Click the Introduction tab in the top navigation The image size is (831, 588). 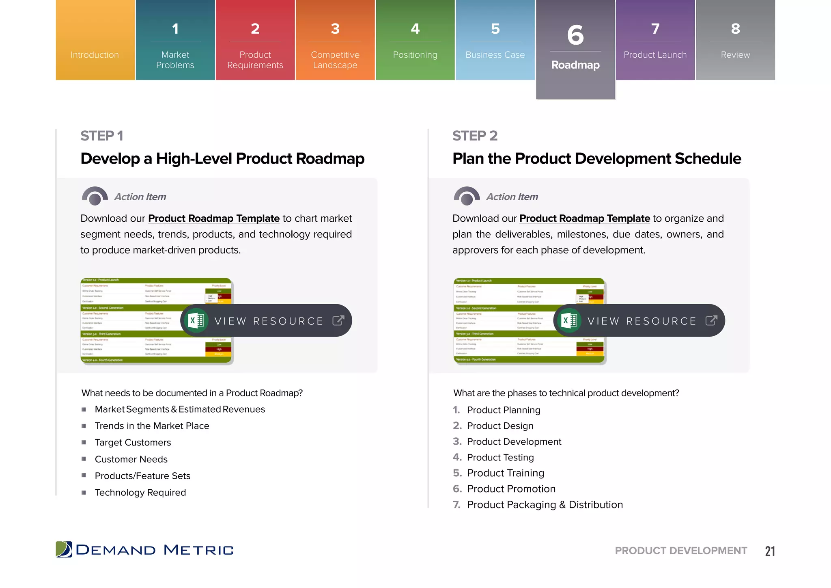(95, 54)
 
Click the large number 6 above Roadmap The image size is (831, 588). (575, 35)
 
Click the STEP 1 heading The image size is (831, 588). (101, 136)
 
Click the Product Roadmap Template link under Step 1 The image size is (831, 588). (214, 218)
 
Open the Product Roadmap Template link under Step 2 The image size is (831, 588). (585, 218)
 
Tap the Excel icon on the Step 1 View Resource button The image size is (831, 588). (196, 321)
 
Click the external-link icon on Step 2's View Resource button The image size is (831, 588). (711, 321)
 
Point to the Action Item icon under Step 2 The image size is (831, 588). (467, 196)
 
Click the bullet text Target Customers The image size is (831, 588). (133, 442)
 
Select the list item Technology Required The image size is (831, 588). (140, 492)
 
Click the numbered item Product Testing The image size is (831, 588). (500, 457)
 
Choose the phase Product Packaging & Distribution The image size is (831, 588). (545, 504)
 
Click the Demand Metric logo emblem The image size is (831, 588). (64, 549)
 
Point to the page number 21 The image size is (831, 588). (770, 551)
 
